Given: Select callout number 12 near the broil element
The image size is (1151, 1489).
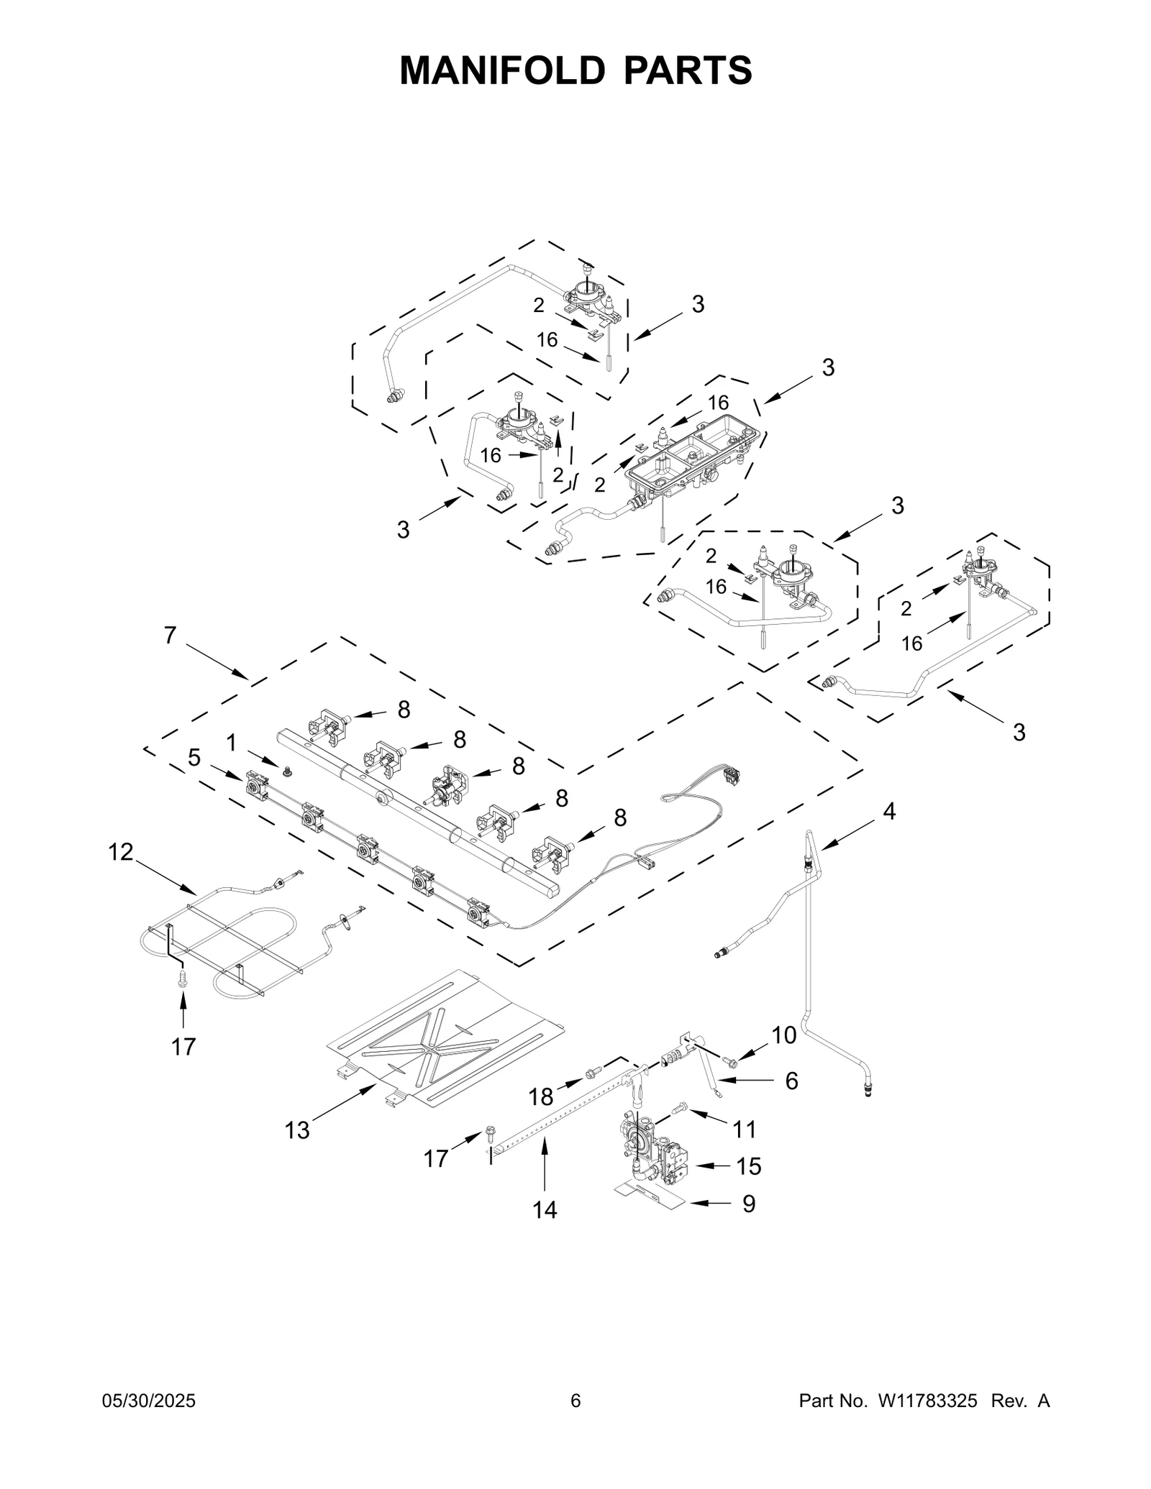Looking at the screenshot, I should [121, 852].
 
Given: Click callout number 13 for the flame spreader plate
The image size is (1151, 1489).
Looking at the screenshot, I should [296, 1130].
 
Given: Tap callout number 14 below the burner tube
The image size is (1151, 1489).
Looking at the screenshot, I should [545, 1210].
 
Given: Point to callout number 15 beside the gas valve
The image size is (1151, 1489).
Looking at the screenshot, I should [748, 1165].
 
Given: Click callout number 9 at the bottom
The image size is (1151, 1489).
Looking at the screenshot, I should [748, 1204].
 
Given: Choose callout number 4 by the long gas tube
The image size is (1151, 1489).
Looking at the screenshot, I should [889, 812].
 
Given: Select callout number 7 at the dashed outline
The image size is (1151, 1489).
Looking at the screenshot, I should [170, 636].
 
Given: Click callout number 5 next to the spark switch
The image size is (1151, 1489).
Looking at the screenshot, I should [194, 757].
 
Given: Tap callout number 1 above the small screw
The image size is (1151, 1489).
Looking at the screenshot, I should [231, 743].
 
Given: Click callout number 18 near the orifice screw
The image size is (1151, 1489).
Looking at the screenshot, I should [541, 1096].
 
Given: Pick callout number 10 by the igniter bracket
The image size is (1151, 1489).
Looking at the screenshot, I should [784, 1035].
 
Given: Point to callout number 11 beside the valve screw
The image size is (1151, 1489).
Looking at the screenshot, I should [745, 1130].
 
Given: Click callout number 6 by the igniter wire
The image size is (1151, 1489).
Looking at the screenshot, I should [791, 1080].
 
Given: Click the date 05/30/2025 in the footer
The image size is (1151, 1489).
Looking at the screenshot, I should [150, 1401].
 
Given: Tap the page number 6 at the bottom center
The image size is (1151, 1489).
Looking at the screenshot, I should [575, 1401].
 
